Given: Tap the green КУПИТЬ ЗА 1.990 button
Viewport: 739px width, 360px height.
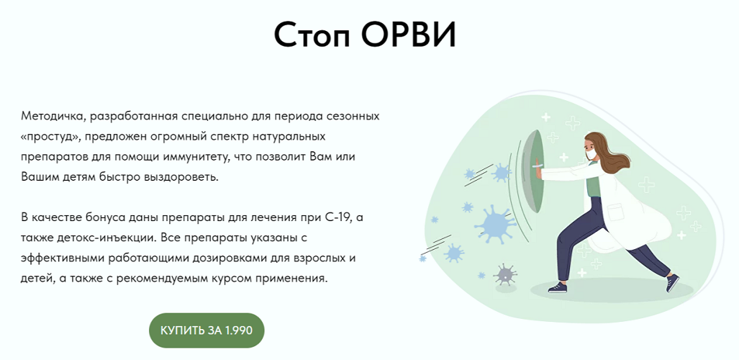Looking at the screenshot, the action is pos(207,330).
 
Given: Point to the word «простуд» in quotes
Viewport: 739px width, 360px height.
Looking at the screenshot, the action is pos(48,137).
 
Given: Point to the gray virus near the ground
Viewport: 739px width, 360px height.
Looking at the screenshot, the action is pos(504,274).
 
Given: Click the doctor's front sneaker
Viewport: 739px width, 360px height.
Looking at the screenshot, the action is pos(558,287).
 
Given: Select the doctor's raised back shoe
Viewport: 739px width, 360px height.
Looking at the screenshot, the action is pos(673,283).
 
